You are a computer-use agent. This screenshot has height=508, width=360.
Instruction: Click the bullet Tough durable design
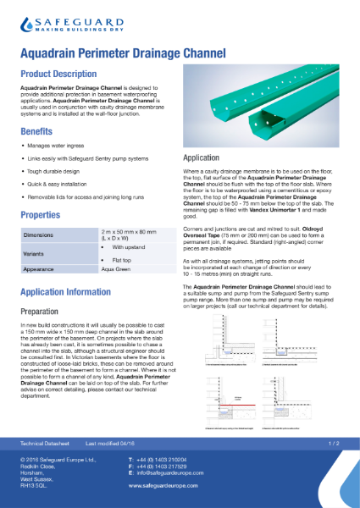click(x=56, y=169)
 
